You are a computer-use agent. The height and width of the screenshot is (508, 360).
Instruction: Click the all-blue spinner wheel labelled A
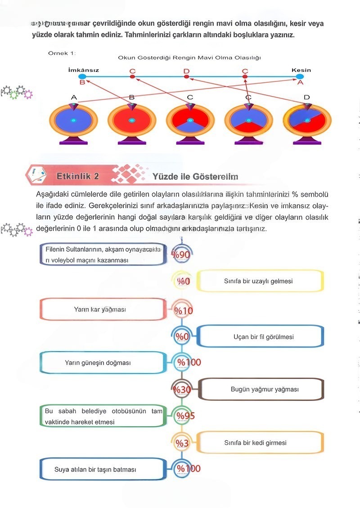point(73,120)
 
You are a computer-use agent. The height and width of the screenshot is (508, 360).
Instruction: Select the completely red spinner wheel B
point(132,120)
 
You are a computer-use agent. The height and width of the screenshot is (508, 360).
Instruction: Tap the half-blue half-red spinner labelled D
point(307,120)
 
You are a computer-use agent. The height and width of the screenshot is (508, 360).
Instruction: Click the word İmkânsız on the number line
point(83,70)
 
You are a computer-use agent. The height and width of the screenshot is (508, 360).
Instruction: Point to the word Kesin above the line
point(301,70)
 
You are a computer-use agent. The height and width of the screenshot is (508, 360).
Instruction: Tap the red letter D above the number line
point(186,71)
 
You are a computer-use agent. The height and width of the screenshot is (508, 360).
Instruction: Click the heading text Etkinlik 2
point(78,176)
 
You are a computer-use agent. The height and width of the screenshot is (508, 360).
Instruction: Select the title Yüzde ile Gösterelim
point(195,177)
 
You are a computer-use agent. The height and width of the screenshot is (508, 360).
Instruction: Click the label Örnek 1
point(62,53)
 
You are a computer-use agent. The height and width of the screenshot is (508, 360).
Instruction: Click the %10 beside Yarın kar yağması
point(183,310)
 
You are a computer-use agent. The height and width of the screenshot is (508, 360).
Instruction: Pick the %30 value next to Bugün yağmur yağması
point(182,389)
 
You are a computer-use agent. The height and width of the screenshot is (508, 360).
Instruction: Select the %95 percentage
point(185,415)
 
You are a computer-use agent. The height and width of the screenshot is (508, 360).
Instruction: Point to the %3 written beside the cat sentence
point(182,443)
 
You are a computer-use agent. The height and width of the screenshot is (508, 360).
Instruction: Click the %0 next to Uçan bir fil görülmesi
point(182,337)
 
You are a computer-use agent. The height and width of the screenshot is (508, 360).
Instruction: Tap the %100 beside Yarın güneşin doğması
point(189,362)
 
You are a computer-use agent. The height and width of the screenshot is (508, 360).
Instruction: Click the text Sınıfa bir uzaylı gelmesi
point(258,281)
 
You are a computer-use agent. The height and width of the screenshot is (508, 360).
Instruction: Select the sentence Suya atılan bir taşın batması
point(95,469)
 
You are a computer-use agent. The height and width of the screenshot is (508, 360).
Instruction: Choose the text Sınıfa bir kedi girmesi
point(255,442)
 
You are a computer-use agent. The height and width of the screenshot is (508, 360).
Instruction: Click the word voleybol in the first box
point(65,260)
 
